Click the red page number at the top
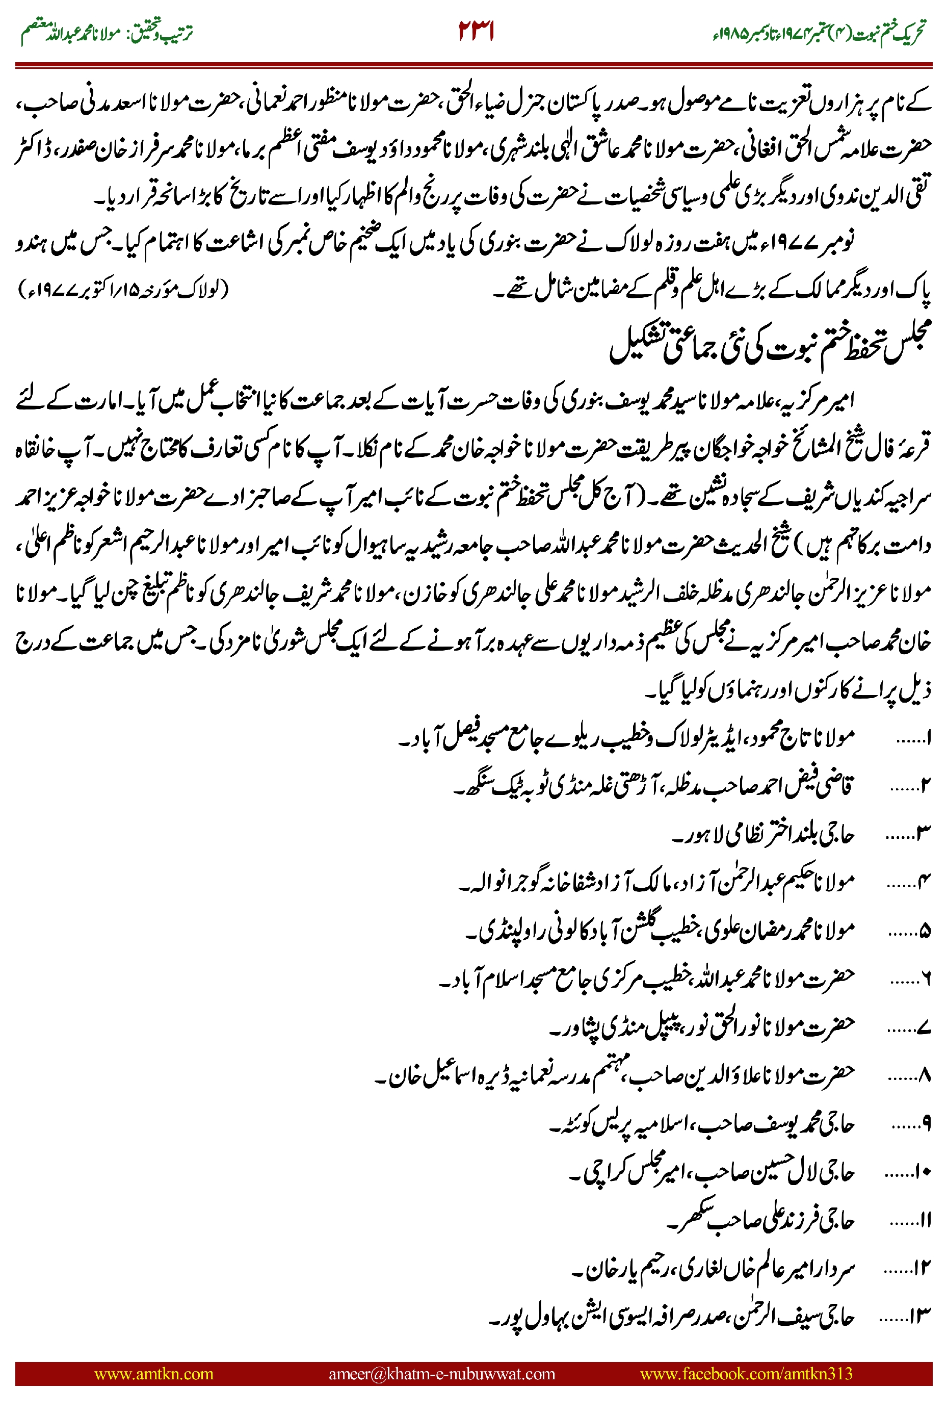[x=476, y=32]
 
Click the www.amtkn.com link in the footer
[x=154, y=1373]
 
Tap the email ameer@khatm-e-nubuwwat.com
[x=441, y=1373]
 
